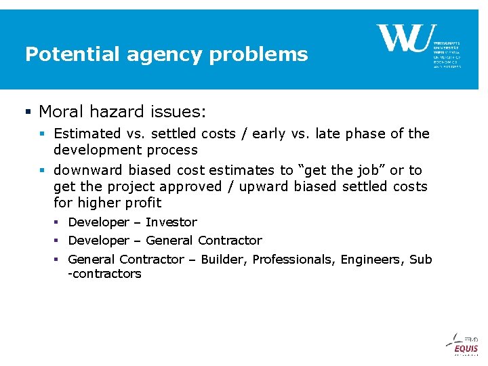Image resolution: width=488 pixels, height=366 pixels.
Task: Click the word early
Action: [268, 134]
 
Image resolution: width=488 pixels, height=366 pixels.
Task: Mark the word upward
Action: [258, 186]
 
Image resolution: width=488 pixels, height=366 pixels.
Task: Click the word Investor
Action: [171, 222]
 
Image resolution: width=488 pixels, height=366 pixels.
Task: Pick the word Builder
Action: [223, 260]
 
